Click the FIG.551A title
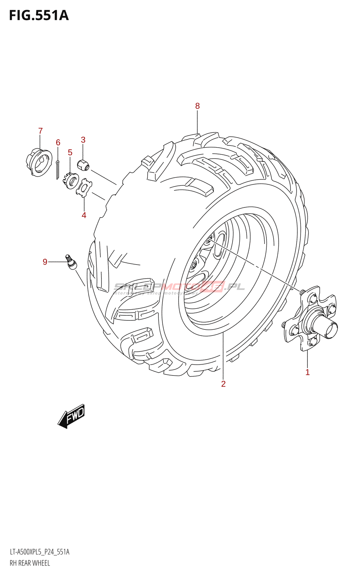click(39, 15)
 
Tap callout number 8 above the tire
click(197, 106)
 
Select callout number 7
click(40, 131)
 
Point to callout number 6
click(58, 143)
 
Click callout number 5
click(70, 153)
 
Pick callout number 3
click(83, 140)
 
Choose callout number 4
click(84, 215)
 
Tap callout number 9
click(45, 262)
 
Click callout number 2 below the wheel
click(223, 384)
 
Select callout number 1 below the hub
click(307, 372)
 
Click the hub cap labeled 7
click(39, 163)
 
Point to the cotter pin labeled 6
click(57, 169)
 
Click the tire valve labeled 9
click(71, 262)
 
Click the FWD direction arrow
click(72, 416)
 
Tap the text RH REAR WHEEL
click(30, 563)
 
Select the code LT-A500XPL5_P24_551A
click(40, 552)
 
